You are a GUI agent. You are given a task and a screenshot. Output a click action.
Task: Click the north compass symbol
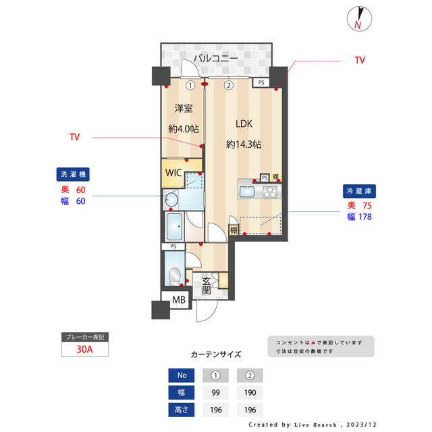(358, 18)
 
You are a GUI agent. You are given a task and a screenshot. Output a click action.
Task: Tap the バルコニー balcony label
(215, 59)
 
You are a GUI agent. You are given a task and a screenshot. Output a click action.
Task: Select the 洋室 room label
(184, 108)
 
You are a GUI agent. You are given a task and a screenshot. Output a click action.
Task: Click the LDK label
(244, 124)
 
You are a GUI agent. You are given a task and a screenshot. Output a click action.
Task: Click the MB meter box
(179, 300)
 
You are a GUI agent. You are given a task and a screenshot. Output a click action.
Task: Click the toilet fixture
(174, 277)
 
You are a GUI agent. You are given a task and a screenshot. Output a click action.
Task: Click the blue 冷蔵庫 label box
(360, 191)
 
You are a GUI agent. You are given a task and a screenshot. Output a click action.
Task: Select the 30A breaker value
(84, 350)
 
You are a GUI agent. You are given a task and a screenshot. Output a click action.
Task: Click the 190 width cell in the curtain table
(250, 393)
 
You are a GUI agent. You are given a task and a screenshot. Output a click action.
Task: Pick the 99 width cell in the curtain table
(216, 393)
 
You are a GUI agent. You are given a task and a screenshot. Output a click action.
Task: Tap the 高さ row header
(182, 409)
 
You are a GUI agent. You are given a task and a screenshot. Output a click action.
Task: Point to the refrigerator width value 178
(364, 217)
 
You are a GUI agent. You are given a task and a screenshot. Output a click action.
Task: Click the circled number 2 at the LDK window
(229, 86)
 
